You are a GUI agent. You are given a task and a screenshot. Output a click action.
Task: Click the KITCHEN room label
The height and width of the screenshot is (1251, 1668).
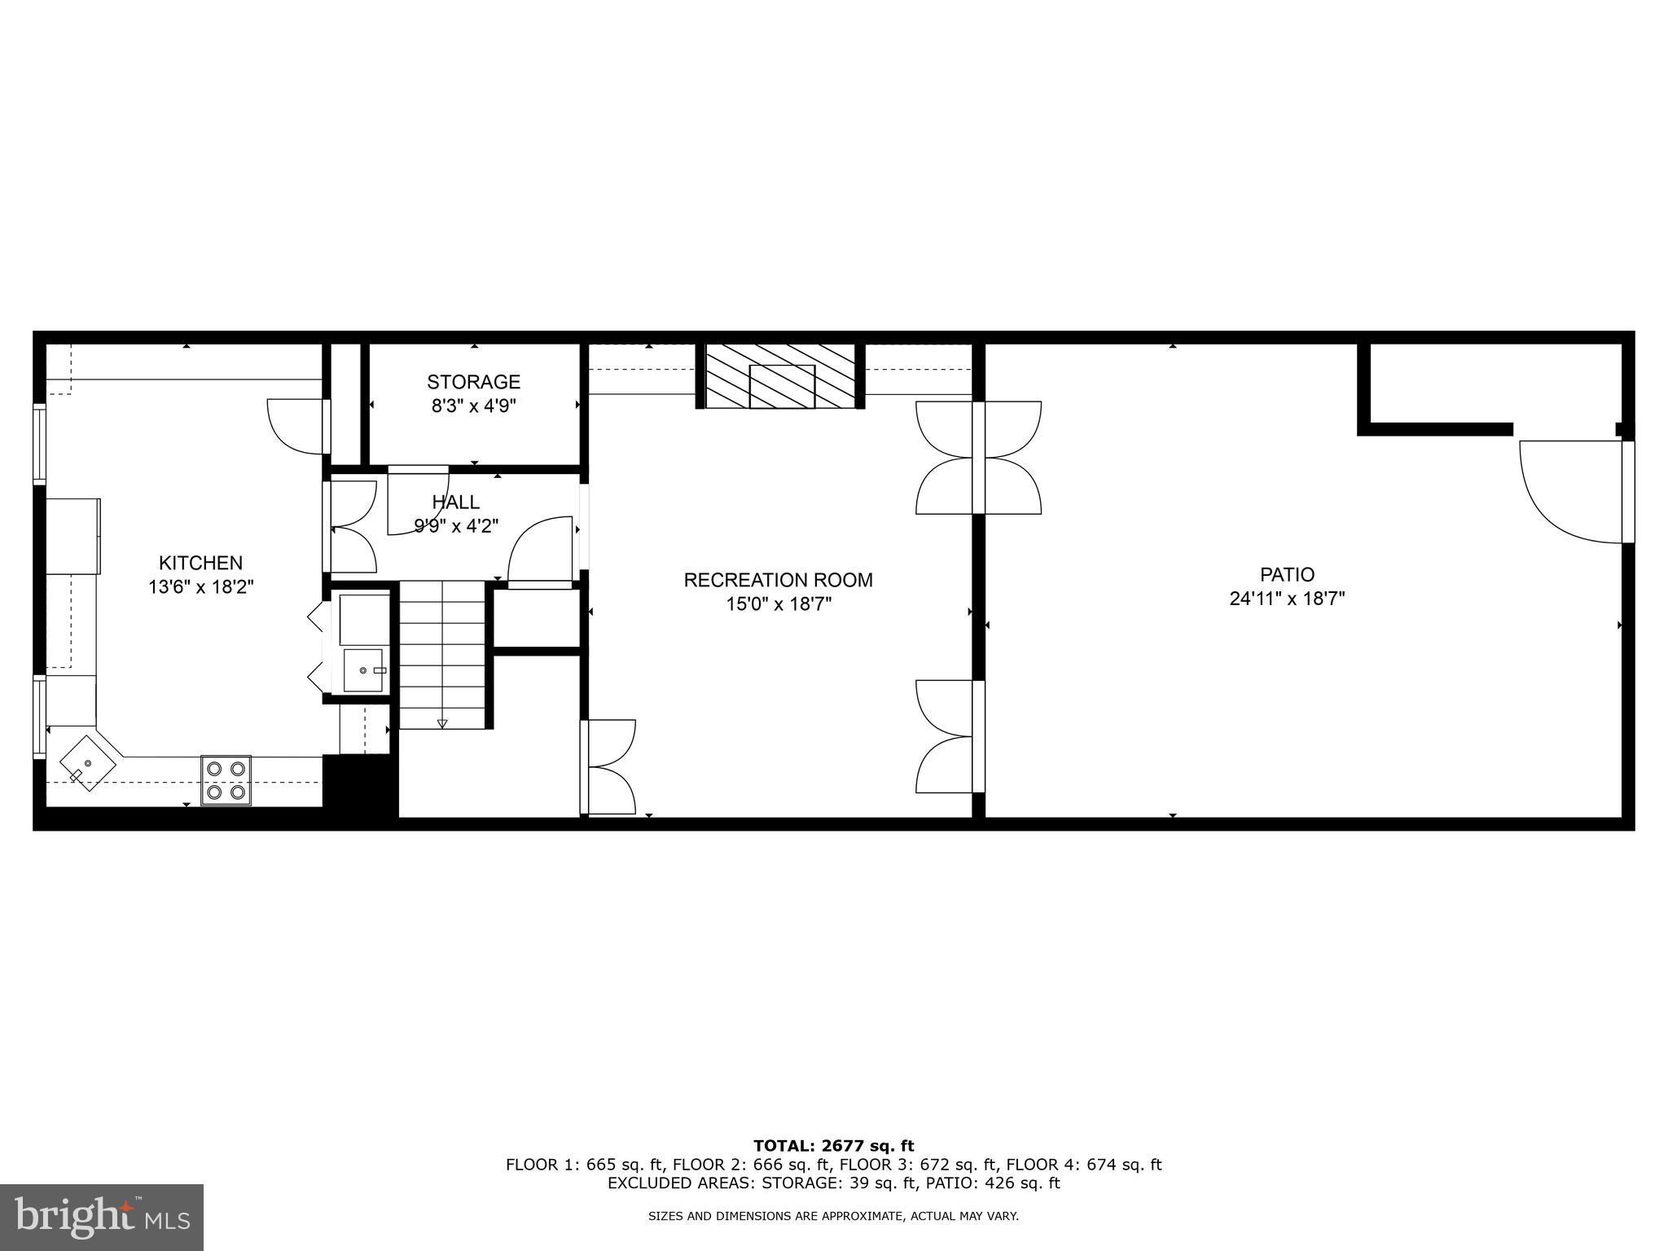200,563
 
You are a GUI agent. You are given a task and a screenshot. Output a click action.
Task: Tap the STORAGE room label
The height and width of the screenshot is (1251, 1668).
473,381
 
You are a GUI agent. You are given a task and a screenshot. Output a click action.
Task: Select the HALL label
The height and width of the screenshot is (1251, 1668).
456,502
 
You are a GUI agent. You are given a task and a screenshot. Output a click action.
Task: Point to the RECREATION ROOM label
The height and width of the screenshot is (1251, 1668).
778,580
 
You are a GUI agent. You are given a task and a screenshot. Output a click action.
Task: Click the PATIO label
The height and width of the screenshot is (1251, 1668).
1287,574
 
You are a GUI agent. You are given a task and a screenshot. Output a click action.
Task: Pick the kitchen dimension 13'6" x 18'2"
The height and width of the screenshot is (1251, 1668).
201,586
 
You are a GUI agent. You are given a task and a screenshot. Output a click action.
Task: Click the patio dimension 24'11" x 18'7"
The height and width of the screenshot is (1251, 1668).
1287,599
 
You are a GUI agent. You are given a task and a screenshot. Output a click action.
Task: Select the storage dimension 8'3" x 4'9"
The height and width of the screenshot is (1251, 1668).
473,406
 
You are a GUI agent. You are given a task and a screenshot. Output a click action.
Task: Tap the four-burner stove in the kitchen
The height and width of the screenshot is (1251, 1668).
226,779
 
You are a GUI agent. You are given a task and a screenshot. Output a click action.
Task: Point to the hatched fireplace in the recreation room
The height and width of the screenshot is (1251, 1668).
780,376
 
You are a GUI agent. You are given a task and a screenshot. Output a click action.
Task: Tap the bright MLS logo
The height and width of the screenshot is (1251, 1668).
102,1217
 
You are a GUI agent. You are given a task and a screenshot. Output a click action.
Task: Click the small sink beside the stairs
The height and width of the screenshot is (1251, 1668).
363,669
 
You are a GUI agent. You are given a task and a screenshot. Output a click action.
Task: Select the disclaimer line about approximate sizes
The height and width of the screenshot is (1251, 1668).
833,1217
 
